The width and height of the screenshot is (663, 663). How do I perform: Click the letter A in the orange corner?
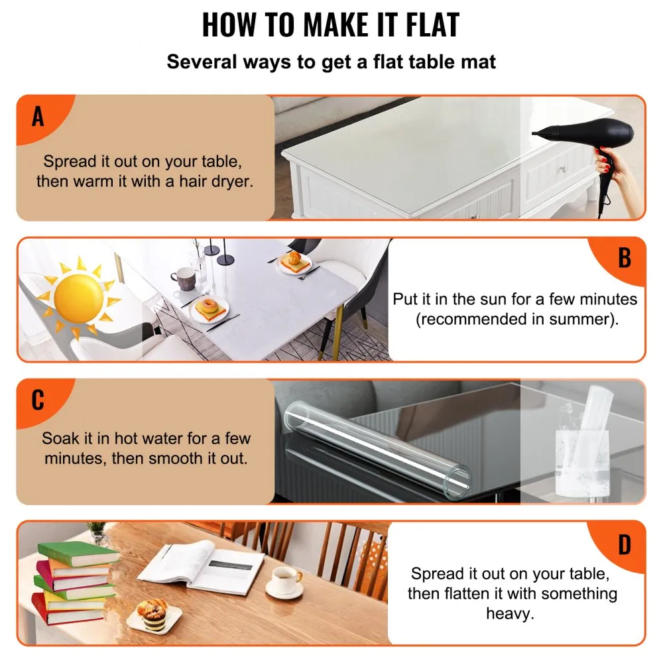point(38,117)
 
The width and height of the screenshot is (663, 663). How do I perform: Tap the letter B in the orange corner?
point(624,259)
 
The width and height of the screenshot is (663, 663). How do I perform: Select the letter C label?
point(38,400)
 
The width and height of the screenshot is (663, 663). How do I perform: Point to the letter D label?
point(624,545)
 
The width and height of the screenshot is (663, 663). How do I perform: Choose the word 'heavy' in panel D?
point(509,613)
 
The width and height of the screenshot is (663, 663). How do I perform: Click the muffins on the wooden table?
point(151,610)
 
